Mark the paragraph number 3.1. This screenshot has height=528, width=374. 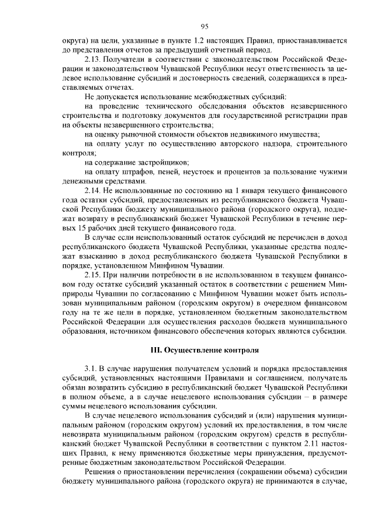[x=91, y=369]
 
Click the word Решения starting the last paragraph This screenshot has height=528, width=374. [x=101, y=471]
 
